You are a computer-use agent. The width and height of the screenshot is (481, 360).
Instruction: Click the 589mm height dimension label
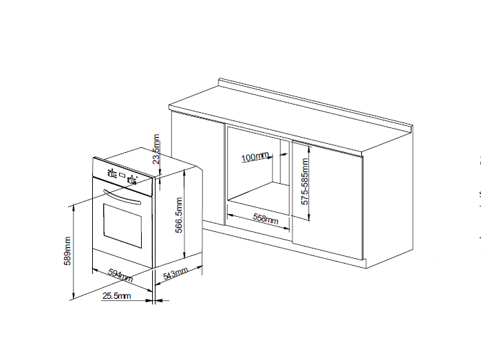[67, 251]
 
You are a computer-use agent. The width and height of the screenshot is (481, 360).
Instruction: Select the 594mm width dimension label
[120, 275]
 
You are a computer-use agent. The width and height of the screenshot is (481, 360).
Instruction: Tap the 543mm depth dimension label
[175, 273]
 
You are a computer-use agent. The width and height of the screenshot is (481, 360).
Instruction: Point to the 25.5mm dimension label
[116, 296]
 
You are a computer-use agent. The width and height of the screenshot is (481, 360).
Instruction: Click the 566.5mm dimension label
[179, 215]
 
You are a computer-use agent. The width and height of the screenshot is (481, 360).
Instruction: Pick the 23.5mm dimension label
[156, 149]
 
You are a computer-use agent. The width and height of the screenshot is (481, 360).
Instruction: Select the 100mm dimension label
[255, 157]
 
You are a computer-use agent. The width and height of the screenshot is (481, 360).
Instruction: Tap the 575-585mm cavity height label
[305, 182]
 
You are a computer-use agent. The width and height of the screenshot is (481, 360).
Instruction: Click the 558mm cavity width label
[266, 218]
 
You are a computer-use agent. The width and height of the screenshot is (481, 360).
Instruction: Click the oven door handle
[122, 198]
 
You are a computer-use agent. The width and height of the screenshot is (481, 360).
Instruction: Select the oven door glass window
[122, 226]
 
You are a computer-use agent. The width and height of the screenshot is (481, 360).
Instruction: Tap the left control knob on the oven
[111, 173]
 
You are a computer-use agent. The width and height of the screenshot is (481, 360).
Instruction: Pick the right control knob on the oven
[132, 180]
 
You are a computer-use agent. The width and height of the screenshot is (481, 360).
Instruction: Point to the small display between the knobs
[122, 176]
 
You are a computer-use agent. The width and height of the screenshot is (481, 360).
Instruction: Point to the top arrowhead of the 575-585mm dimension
[309, 149]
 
